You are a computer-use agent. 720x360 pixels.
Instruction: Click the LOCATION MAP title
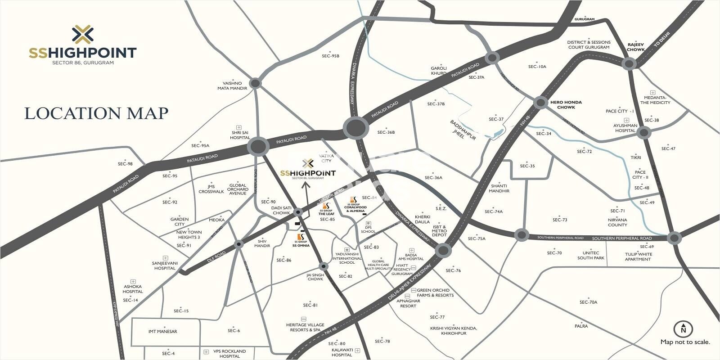[96, 113]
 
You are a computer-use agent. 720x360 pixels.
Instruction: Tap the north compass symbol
[683, 329]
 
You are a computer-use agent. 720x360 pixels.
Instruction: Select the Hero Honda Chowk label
[566, 105]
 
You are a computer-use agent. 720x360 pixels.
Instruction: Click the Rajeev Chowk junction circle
[629, 63]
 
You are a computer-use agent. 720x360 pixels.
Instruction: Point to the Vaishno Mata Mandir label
[232, 85]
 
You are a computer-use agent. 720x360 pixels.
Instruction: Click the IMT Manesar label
[163, 332]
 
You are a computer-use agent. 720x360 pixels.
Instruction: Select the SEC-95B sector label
[330, 56]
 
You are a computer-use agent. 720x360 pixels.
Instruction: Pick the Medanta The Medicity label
[655, 100]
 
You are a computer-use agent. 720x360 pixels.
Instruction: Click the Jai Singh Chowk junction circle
[323, 266]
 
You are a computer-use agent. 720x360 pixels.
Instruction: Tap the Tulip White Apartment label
[638, 256]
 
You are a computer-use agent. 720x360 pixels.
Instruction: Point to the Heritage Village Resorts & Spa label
[305, 327]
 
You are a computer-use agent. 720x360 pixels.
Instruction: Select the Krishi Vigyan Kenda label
[454, 331]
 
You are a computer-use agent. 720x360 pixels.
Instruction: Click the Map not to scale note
[685, 342]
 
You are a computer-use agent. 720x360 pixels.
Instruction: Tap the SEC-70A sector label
[588, 302]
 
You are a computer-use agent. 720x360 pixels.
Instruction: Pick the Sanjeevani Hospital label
[165, 265]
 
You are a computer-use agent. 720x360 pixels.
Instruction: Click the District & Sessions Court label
[589, 45]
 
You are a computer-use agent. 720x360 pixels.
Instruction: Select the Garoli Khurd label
[439, 70]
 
